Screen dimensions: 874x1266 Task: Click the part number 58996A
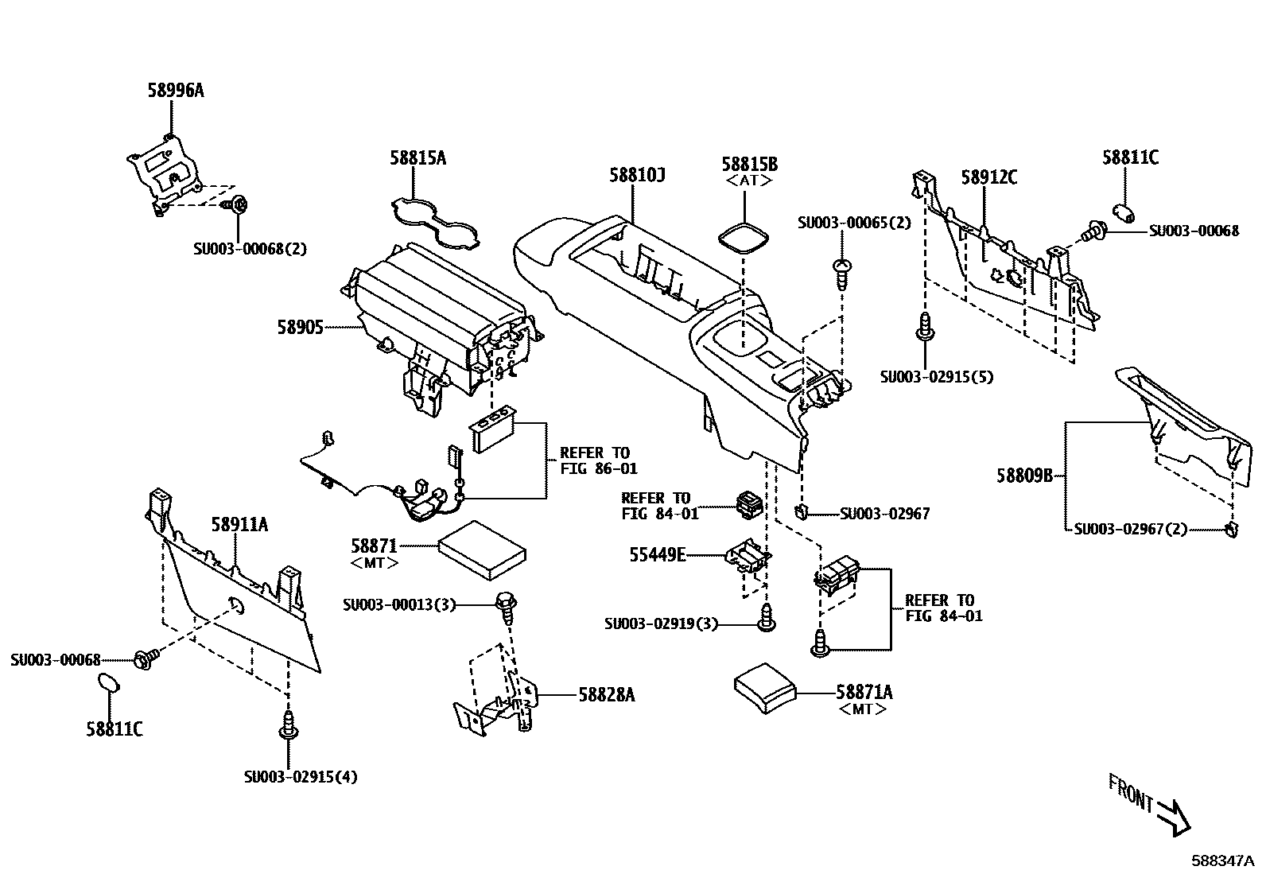(175, 91)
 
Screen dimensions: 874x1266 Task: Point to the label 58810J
(637, 175)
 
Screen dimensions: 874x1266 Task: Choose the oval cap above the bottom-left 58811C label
(108, 683)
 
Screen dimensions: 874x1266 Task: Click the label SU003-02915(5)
(937, 377)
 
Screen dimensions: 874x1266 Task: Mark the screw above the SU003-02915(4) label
(289, 726)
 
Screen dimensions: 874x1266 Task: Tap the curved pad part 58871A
(763, 686)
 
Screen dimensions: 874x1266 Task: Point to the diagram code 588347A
(1221, 860)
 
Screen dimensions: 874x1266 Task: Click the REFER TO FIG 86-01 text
(598, 461)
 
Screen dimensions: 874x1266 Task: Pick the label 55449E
(657, 555)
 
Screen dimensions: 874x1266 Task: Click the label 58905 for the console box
(300, 327)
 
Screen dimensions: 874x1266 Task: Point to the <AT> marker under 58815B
(748, 181)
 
